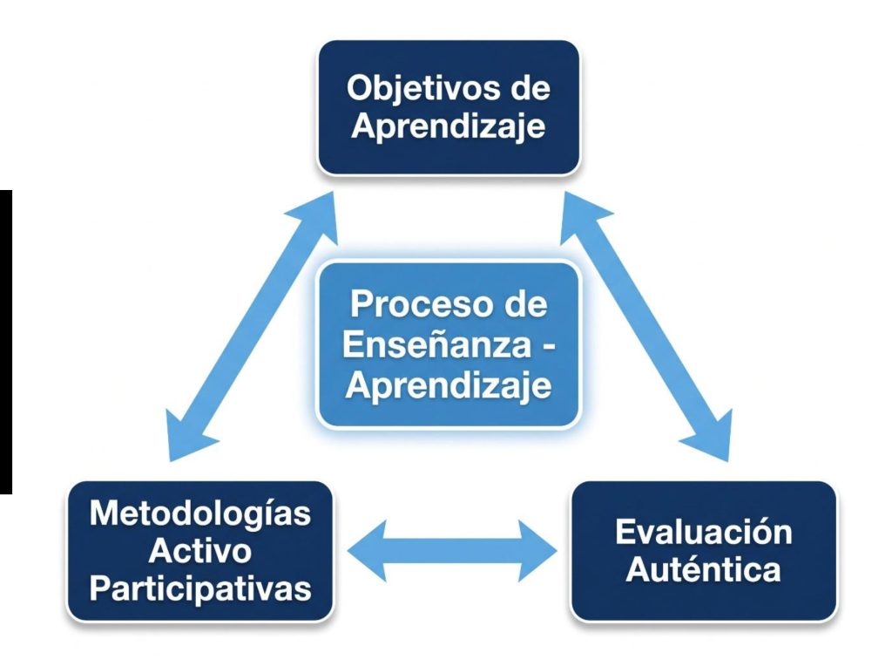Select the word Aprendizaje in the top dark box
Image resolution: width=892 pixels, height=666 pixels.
click(449, 126)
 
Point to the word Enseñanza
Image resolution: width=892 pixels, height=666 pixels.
click(437, 343)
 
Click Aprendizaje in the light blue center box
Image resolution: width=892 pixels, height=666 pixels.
click(449, 385)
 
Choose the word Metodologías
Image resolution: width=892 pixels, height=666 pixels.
click(200, 514)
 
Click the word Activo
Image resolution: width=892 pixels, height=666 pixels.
click(199, 551)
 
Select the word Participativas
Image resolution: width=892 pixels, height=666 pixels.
click(200, 588)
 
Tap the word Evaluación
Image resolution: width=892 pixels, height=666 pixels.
click(704, 533)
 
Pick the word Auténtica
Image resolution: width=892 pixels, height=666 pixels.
click(704, 570)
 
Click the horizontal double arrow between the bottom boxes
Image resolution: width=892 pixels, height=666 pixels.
click(452, 550)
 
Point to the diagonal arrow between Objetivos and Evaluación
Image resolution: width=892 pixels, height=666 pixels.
click(646, 326)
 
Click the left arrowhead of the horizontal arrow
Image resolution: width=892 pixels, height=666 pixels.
click(367, 550)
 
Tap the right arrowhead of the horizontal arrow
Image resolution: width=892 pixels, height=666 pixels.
click(537, 550)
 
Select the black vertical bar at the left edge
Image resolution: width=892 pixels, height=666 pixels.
click(6, 342)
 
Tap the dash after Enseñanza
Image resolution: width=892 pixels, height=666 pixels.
click(547, 345)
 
